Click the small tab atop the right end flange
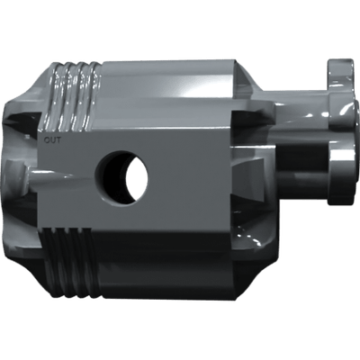coord(341,66)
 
